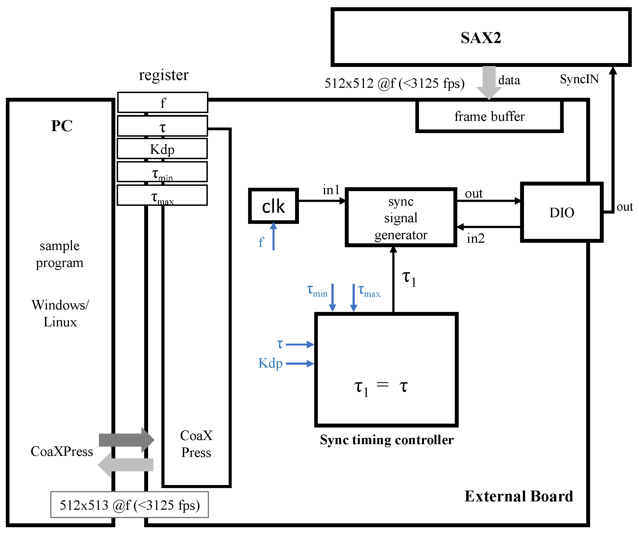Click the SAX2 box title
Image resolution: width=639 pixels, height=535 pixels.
pyautogui.click(x=480, y=38)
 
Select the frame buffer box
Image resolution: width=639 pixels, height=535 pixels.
pyautogui.click(x=489, y=116)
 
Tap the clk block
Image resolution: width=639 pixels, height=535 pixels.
pyautogui.click(x=273, y=206)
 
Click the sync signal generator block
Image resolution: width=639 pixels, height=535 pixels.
pyautogui.click(x=401, y=218)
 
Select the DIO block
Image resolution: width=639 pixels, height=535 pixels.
pyautogui.click(x=561, y=212)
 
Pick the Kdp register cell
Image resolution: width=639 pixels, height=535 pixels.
pyautogui.click(x=162, y=149)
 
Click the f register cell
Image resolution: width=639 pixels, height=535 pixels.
pyautogui.click(x=163, y=102)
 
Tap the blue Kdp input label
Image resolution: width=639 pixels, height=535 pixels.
pyautogui.click(x=270, y=363)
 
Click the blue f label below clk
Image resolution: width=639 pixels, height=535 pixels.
pyautogui.click(x=261, y=242)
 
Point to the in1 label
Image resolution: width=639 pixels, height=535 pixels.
pyautogui.click(x=331, y=190)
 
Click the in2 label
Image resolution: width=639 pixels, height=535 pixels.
pyautogui.click(x=475, y=238)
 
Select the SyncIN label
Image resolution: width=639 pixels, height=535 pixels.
pyautogui.click(x=579, y=79)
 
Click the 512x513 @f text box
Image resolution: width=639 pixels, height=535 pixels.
pyautogui.click(x=130, y=505)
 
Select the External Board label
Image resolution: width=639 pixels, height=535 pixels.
pyautogui.click(x=518, y=496)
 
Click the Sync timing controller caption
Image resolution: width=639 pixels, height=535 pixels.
pyautogui.click(x=386, y=440)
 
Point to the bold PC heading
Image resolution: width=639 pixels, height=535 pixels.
pyautogui.click(x=62, y=126)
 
